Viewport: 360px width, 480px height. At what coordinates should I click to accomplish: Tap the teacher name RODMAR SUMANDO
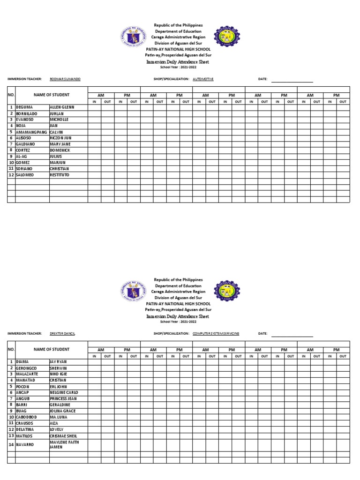(x=65, y=79)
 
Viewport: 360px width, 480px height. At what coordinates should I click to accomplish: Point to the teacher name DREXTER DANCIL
(x=62, y=333)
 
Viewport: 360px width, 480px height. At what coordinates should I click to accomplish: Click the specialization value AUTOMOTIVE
(x=202, y=79)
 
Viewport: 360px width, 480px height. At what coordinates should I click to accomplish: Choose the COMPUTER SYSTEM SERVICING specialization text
(x=216, y=333)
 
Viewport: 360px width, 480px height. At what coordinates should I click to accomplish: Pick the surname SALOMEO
(x=25, y=174)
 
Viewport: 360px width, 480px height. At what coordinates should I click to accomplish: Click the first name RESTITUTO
(x=60, y=174)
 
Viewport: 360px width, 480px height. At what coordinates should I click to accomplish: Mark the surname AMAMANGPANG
(x=31, y=132)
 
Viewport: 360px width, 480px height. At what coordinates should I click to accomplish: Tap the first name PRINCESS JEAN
(x=64, y=398)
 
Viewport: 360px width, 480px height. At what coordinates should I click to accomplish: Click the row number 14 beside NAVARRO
(x=11, y=444)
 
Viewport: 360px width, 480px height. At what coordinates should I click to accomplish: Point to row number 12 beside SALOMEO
(x=11, y=174)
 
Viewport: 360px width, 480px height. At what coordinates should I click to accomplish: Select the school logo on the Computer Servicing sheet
(x=227, y=291)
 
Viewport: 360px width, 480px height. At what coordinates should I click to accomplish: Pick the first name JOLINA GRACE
(x=62, y=411)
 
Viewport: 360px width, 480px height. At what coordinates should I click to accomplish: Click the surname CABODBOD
(x=26, y=417)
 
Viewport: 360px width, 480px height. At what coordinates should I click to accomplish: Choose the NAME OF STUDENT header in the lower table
(x=52, y=349)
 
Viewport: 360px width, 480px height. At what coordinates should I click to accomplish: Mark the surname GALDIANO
(x=25, y=144)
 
